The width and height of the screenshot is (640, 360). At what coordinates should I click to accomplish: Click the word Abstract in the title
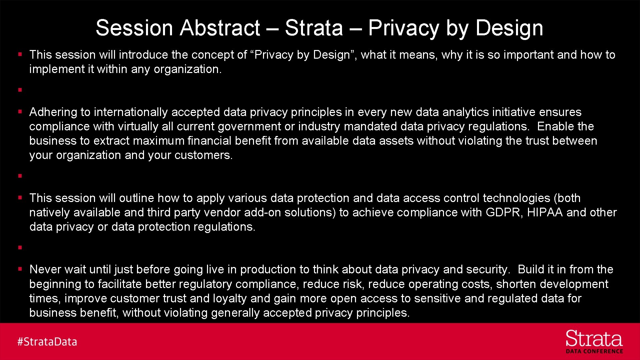tap(220, 28)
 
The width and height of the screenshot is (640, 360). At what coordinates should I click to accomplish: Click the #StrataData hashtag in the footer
tap(47, 342)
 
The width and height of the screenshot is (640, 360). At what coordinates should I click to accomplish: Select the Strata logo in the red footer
tap(594, 339)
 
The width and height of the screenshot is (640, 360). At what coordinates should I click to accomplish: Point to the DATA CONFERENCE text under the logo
tap(594, 351)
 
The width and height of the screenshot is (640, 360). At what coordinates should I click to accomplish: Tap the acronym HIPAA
tap(545, 212)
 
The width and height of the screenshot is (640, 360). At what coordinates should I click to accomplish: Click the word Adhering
tap(53, 112)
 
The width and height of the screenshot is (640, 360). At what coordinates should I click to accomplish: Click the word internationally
tap(131, 112)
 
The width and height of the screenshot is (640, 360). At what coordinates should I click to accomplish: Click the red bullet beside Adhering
tap(20, 112)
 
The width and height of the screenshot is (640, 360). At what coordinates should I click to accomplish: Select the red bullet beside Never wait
tap(20, 269)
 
